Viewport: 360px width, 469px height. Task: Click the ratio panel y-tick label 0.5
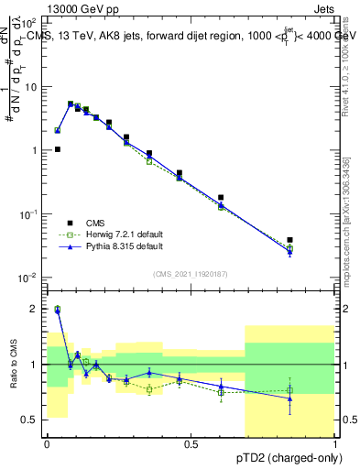pos(29,420)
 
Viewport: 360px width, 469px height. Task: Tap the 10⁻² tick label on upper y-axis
pos(29,277)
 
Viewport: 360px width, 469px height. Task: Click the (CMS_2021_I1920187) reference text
pos(191,274)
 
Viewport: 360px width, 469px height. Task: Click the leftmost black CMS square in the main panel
pos(57,149)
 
